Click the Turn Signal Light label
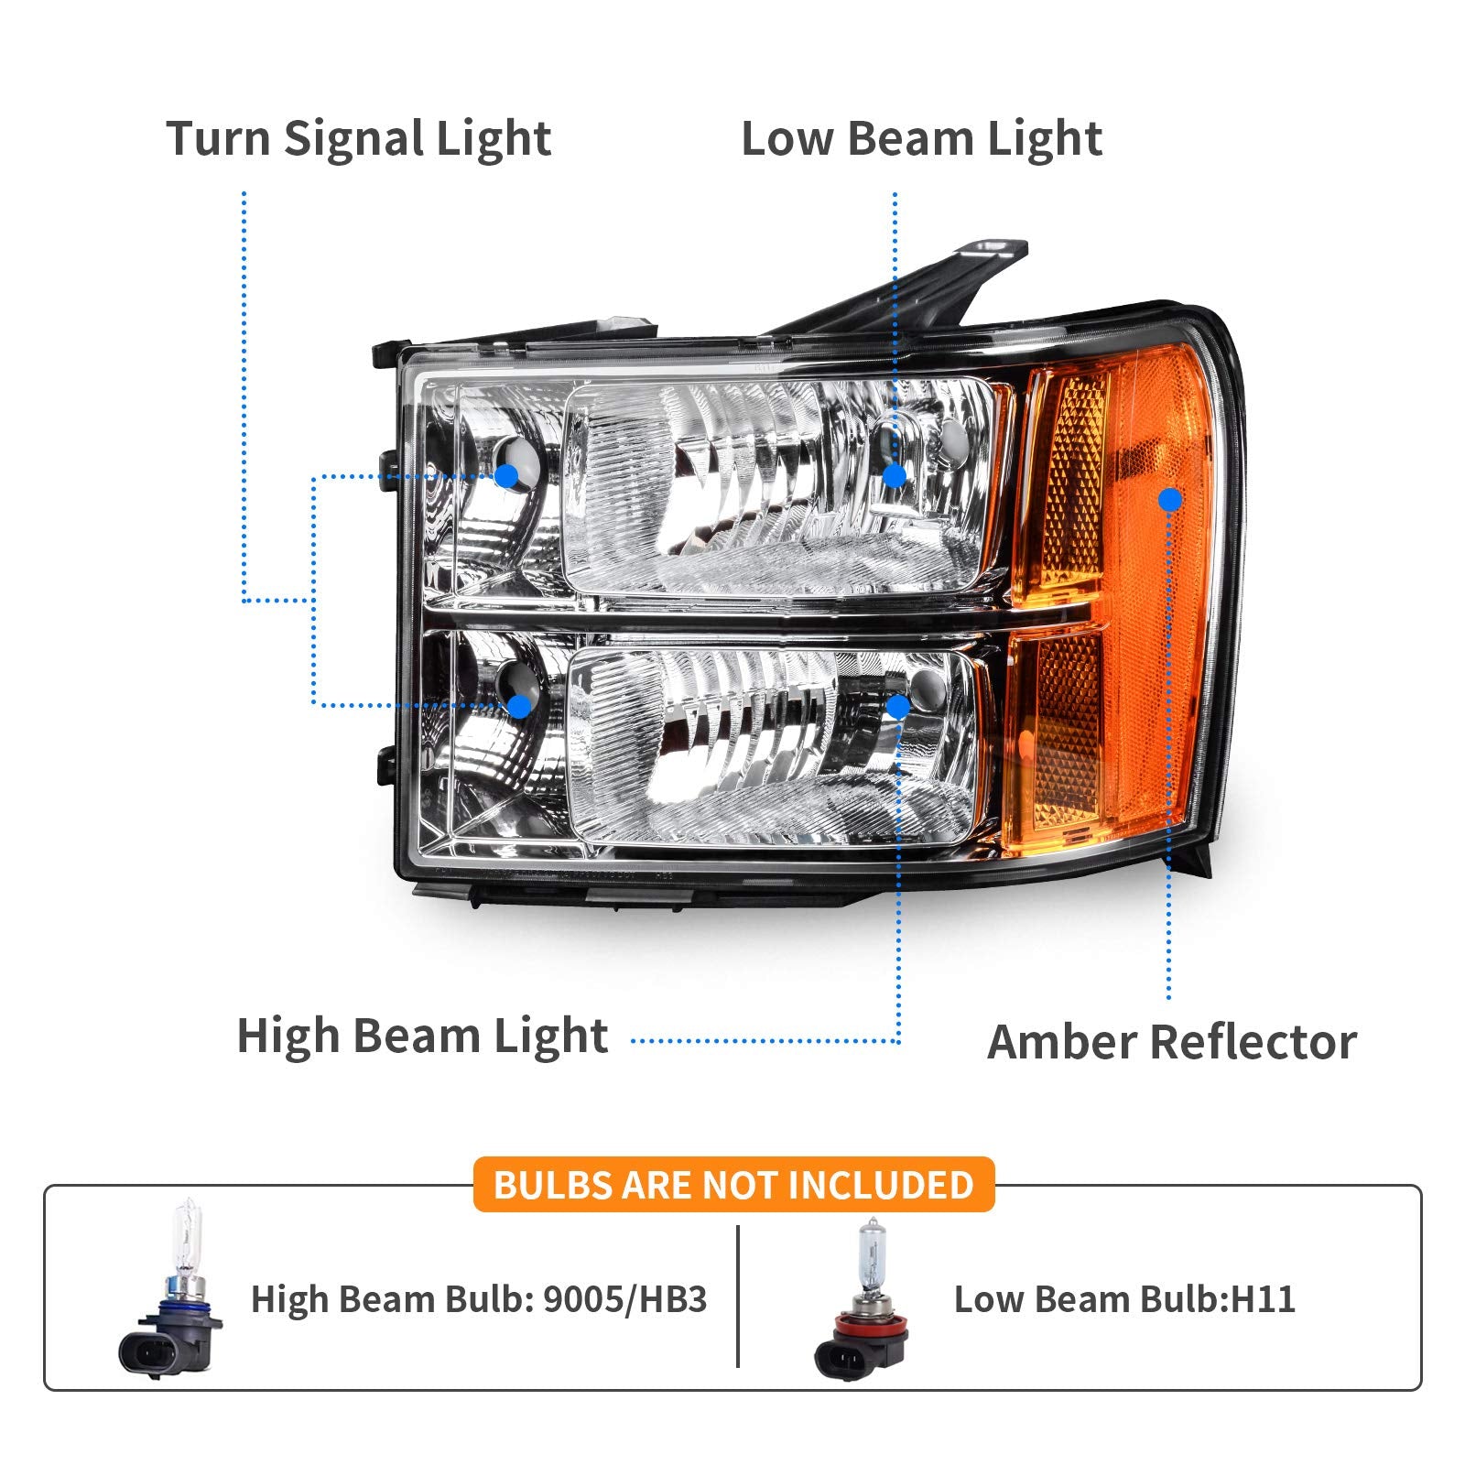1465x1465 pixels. click(359, 139)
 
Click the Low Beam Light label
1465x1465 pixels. click(921, 139)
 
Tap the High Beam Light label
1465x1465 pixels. click(422, 1036)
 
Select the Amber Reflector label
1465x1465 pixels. click(1172, 1042)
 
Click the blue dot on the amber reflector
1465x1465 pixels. click(1169, 499)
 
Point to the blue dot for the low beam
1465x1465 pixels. click(894, 475)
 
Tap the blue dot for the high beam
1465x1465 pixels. click(898, 706)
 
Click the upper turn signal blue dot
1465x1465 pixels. click(506, 475)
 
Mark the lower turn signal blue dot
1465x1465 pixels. click(518, 706)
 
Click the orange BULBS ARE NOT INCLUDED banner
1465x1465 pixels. click(733, 1185)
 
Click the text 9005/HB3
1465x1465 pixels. click(624, 1299)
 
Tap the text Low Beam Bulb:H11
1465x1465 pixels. click(1124, 1299)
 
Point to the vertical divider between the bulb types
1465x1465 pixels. click(738, 1296)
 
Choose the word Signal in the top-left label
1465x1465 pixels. click(353, 139)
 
